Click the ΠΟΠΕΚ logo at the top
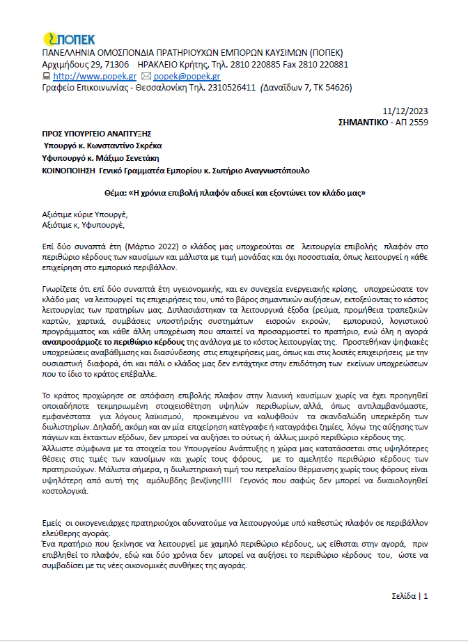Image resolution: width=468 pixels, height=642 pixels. tap(69, 39)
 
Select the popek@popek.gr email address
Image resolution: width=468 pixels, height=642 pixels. tap(187, 76)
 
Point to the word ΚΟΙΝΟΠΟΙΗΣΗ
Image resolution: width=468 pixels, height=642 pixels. tap(68, 170)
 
